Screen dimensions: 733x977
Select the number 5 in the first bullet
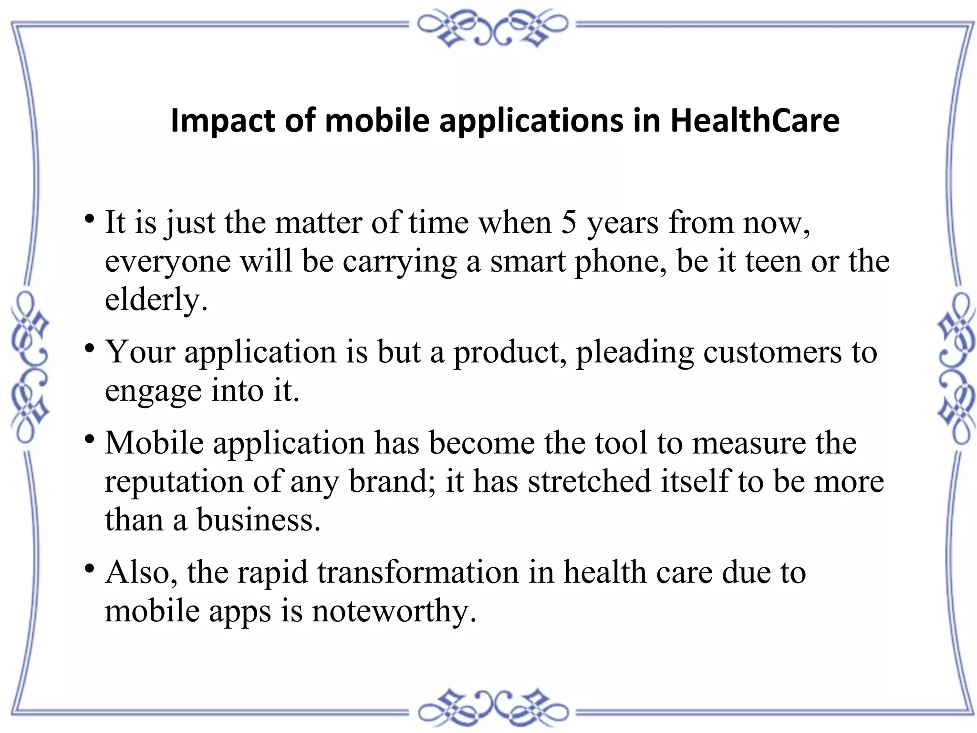[568, 223]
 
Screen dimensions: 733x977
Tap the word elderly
[156, 300]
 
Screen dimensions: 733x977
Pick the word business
[258, 520]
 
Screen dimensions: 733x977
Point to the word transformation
[418, 573]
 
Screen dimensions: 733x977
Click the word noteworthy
[394, 612]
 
